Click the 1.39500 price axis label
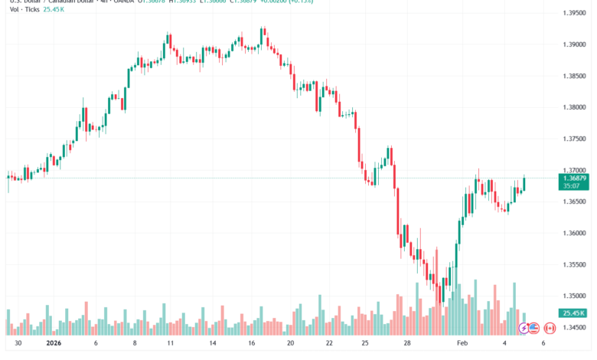(574, 14)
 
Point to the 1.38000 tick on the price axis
(574, 107)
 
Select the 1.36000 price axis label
(574, 233)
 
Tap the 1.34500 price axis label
(574, 327)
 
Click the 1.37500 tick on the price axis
(574, 139)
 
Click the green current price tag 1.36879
(574, 178)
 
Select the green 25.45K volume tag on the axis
(573, 313)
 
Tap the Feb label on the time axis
(462, 344)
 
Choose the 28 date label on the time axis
(407, 344)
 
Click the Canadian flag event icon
(548, 328)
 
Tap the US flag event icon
(535, 328)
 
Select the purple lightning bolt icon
(524, 328)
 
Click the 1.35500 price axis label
(574, 264)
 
